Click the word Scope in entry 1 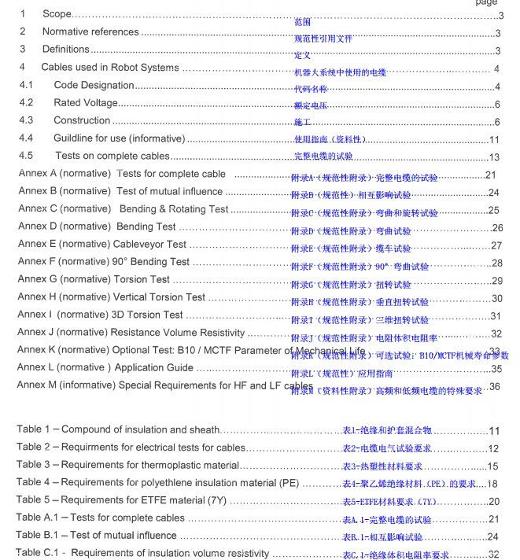click(x=57, y=14)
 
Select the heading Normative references click(x=90, y=32)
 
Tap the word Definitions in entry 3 click(x=65, y=50)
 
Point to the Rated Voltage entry click(x=86, y=103)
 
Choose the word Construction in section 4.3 click(x=82, y=120)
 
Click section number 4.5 click(x=27, y=156)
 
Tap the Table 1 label click(x=34, y=429)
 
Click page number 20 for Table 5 click(x=493, y=501)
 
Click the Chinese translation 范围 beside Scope click(x=302, y=23)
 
